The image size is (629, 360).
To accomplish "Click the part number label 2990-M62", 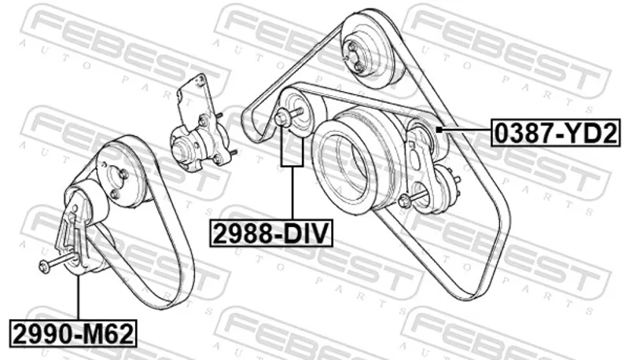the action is click(x=74, y=333).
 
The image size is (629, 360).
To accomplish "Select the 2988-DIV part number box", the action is click(x=271, y=233).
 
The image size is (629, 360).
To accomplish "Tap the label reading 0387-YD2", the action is click(x=556, y=134).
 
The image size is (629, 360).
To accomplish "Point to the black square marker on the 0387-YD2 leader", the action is click(x=440, y=130).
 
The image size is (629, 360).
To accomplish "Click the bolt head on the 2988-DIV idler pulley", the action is click(x=281, y=117).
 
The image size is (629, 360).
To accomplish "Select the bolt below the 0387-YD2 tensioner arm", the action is click(x=414, y=198).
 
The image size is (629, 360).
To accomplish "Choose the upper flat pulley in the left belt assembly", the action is click(x=120, y=171).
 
